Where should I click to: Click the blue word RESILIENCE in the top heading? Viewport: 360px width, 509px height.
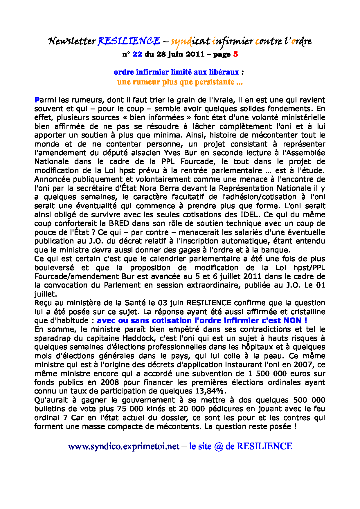[x=129, y=41]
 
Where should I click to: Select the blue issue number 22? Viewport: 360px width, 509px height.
[x=137, y=54]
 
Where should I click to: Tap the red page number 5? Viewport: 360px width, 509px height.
[x=235, y=54]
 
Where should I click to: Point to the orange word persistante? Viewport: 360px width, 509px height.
[x=214, y=82]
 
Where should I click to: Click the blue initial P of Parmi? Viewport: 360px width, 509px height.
[x=37, y=100]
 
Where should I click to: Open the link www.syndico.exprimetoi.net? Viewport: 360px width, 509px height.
[x=124, y=446]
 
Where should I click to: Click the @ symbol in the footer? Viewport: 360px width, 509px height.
[x=218, y=446]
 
